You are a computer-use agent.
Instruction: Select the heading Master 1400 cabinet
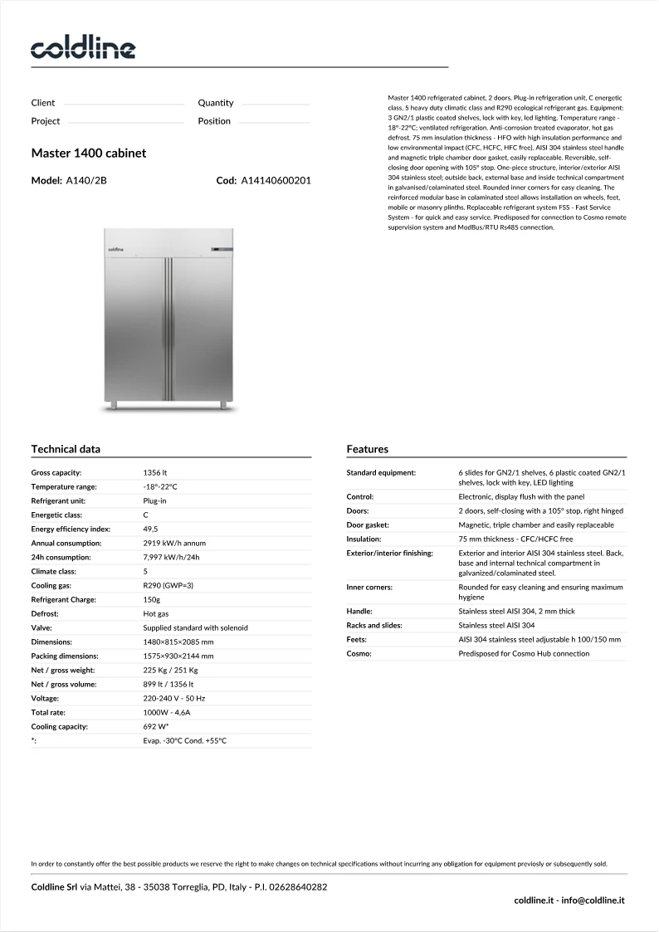click(89, 154)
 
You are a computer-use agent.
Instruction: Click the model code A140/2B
click(86, 180)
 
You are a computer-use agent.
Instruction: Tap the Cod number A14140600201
click(276, 180)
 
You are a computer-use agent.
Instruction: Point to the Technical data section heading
click(66, 449)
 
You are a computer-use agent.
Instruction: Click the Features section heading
click(367, 449)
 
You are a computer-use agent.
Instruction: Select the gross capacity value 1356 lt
click(155, 472)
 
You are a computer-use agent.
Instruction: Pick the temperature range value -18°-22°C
click(160, 486)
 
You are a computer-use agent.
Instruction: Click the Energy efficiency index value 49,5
click(151, 529)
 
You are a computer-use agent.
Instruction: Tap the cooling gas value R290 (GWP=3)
click(168, 585)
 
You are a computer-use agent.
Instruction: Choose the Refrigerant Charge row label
click(64, 599)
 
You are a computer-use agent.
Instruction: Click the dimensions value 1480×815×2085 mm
click(178, 642)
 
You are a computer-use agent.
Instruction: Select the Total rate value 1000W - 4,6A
click(167, 712)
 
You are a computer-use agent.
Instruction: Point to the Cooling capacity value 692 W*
click(156, 726)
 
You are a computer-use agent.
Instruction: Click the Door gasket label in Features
click(368, 525)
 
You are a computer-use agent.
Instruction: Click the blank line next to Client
click(124, 105)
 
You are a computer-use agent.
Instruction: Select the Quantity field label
click(216, 103)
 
